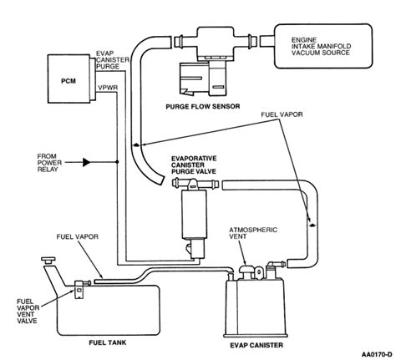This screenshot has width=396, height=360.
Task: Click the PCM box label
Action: (x=69, y=81)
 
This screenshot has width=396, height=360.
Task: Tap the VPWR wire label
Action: (x=108, y=88)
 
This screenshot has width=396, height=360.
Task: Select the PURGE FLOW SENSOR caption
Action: (x=203, y=106)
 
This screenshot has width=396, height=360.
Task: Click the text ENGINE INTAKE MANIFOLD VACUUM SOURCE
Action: (x=321, y=46)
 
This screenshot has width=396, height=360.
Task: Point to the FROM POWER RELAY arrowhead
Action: (x=87, y=162)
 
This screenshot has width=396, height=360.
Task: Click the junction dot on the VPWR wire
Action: (x=117, y=162)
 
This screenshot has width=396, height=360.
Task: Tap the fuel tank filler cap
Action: (x=48, y=261)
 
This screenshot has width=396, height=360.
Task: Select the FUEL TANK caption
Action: (x=108, y=342)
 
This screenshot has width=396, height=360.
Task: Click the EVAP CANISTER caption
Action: (x=256, y=345)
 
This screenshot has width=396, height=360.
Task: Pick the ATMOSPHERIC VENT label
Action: (x=253, y=233)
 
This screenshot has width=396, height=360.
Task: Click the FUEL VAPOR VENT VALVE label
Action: (x=28, y=311)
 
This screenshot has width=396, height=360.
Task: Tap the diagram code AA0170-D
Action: (x=377, y=354)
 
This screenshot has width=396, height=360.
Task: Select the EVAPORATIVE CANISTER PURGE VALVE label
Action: (x=194, y=165)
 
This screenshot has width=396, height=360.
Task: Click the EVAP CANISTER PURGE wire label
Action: (x=112, y=60)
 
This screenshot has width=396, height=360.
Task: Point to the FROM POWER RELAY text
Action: (x=49, y=163)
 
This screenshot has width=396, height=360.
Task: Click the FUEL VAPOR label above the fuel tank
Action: (x=78, y=236)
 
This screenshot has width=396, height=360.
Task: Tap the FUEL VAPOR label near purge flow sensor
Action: (x=282, y=114)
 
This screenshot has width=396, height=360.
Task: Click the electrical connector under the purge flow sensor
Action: (x=202, y=79)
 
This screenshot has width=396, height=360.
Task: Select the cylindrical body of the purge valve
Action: (x=194, y=215)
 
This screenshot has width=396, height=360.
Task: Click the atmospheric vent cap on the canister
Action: (x=246, y=270)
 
